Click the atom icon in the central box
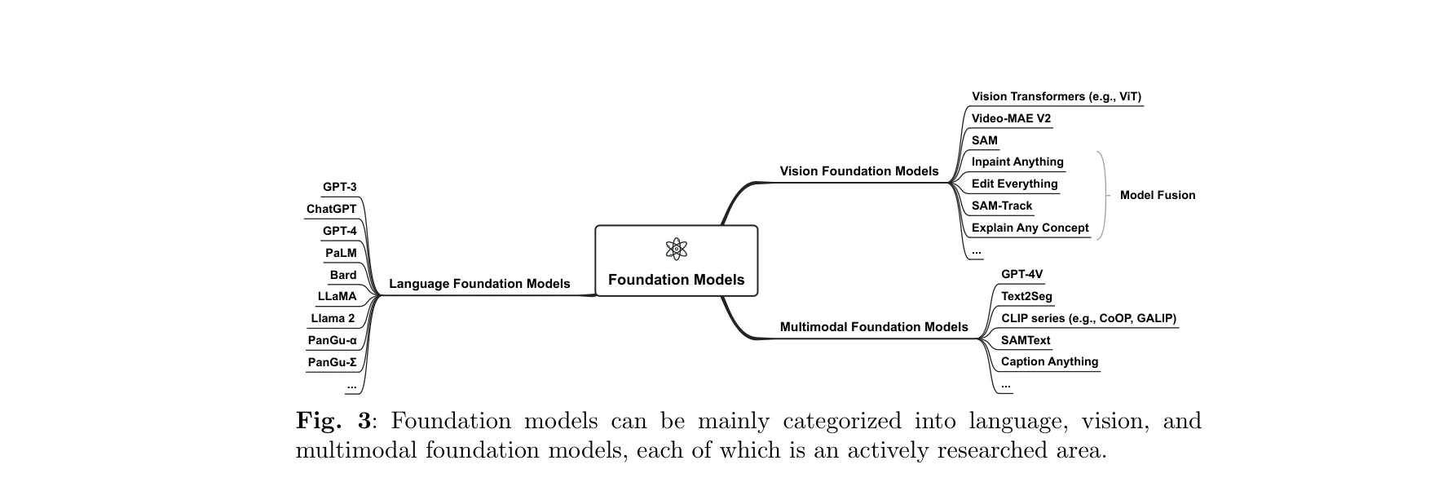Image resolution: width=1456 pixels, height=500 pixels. (x=676, y=249)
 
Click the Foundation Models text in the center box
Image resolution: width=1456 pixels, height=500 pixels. (x=676, y=280)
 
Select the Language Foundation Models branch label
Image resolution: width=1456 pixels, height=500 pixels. (x=479, y=284)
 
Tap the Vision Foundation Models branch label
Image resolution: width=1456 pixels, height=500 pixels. (x=858, y=171)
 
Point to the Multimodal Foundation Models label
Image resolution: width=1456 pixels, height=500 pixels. (x=873, y=327)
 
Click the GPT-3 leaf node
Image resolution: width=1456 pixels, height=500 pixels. (x=339, y=187)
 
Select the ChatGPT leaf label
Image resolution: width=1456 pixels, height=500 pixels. (x=331, y=209)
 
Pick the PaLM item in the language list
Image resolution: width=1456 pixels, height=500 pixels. (x=341, y=253)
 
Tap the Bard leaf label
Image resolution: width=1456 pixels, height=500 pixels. (x=342, y=275)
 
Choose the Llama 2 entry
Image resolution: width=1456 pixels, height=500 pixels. (x=333, y=318)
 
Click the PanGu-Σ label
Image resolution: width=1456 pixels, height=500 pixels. (x=332, y=362)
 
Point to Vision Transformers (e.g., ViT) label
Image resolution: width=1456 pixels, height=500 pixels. (x=1056, y=96)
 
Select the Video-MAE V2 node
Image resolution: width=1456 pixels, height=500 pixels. (x=1011, y=118)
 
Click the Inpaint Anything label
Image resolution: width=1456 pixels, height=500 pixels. (x=1017, y=162)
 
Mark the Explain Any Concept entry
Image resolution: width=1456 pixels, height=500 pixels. (x=1030, y=228)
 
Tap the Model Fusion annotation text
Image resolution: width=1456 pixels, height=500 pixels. (x=1157, y=195)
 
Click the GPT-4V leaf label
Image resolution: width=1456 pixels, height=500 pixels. (x=1021, y=274)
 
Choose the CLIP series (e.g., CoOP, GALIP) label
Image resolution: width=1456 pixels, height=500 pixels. (x=1088, y=318)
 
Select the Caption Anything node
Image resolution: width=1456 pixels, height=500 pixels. (x=1049, y=361)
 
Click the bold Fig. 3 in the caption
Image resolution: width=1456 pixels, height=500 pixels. (x=333, y=421)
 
